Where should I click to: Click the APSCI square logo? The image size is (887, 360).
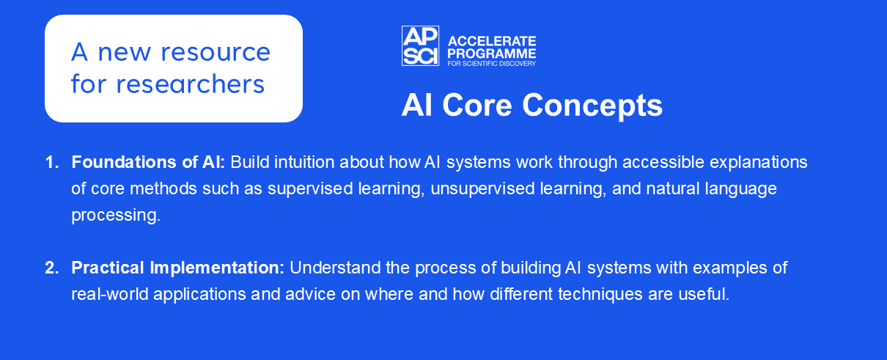(420, 45)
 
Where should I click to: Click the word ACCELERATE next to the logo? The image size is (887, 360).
(492, 41)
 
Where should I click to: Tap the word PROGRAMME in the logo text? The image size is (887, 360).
(492, 54)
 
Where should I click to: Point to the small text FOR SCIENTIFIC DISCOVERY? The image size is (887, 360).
(492, 63)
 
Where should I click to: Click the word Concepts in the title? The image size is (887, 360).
(592, 106)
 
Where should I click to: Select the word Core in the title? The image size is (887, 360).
(477, 106)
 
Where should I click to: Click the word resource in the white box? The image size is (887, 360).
(216, 52)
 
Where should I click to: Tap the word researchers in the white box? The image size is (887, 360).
(191, 84)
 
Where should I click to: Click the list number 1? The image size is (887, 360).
(52, 162)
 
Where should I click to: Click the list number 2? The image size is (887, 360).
(52, 268)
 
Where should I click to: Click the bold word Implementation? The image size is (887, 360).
(217, 268)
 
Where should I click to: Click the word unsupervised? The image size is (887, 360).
(482, 188)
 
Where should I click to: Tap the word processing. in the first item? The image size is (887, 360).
(116, 215)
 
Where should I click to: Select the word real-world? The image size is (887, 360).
(110, 294)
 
